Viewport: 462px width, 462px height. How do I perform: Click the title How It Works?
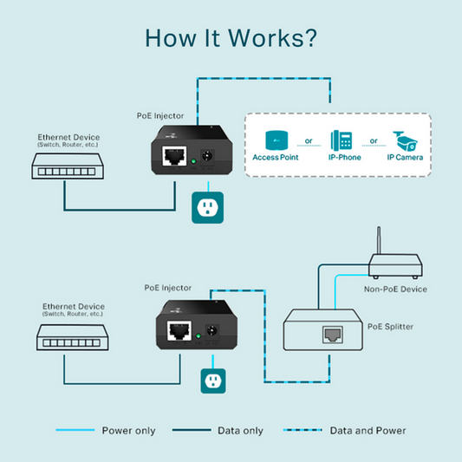231,38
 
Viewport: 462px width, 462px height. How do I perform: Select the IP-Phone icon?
342,140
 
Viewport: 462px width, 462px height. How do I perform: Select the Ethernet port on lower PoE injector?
180,331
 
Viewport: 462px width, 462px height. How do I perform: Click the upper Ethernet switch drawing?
64,166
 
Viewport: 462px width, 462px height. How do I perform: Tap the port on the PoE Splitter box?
332,335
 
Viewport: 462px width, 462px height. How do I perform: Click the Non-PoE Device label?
395,289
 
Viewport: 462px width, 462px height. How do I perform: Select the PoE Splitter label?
391,326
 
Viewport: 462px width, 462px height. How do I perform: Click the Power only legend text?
128,431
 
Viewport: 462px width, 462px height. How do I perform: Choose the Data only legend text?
239,431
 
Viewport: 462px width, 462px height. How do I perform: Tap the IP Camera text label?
406,158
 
